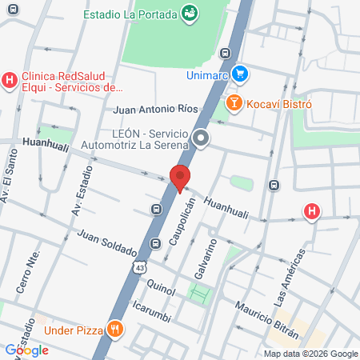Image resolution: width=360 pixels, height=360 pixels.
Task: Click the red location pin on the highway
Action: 180,177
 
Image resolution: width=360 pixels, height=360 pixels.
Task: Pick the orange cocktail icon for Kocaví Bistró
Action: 234,103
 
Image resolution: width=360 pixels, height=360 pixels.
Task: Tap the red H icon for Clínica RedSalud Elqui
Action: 10,80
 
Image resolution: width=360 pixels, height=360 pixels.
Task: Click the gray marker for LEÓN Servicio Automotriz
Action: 202,139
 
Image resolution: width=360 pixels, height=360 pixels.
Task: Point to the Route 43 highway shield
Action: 141,267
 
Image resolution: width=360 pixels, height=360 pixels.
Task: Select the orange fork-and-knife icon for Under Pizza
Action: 116,328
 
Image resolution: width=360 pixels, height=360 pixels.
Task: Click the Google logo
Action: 26,350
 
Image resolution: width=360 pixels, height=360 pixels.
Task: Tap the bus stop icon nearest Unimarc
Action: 226,54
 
